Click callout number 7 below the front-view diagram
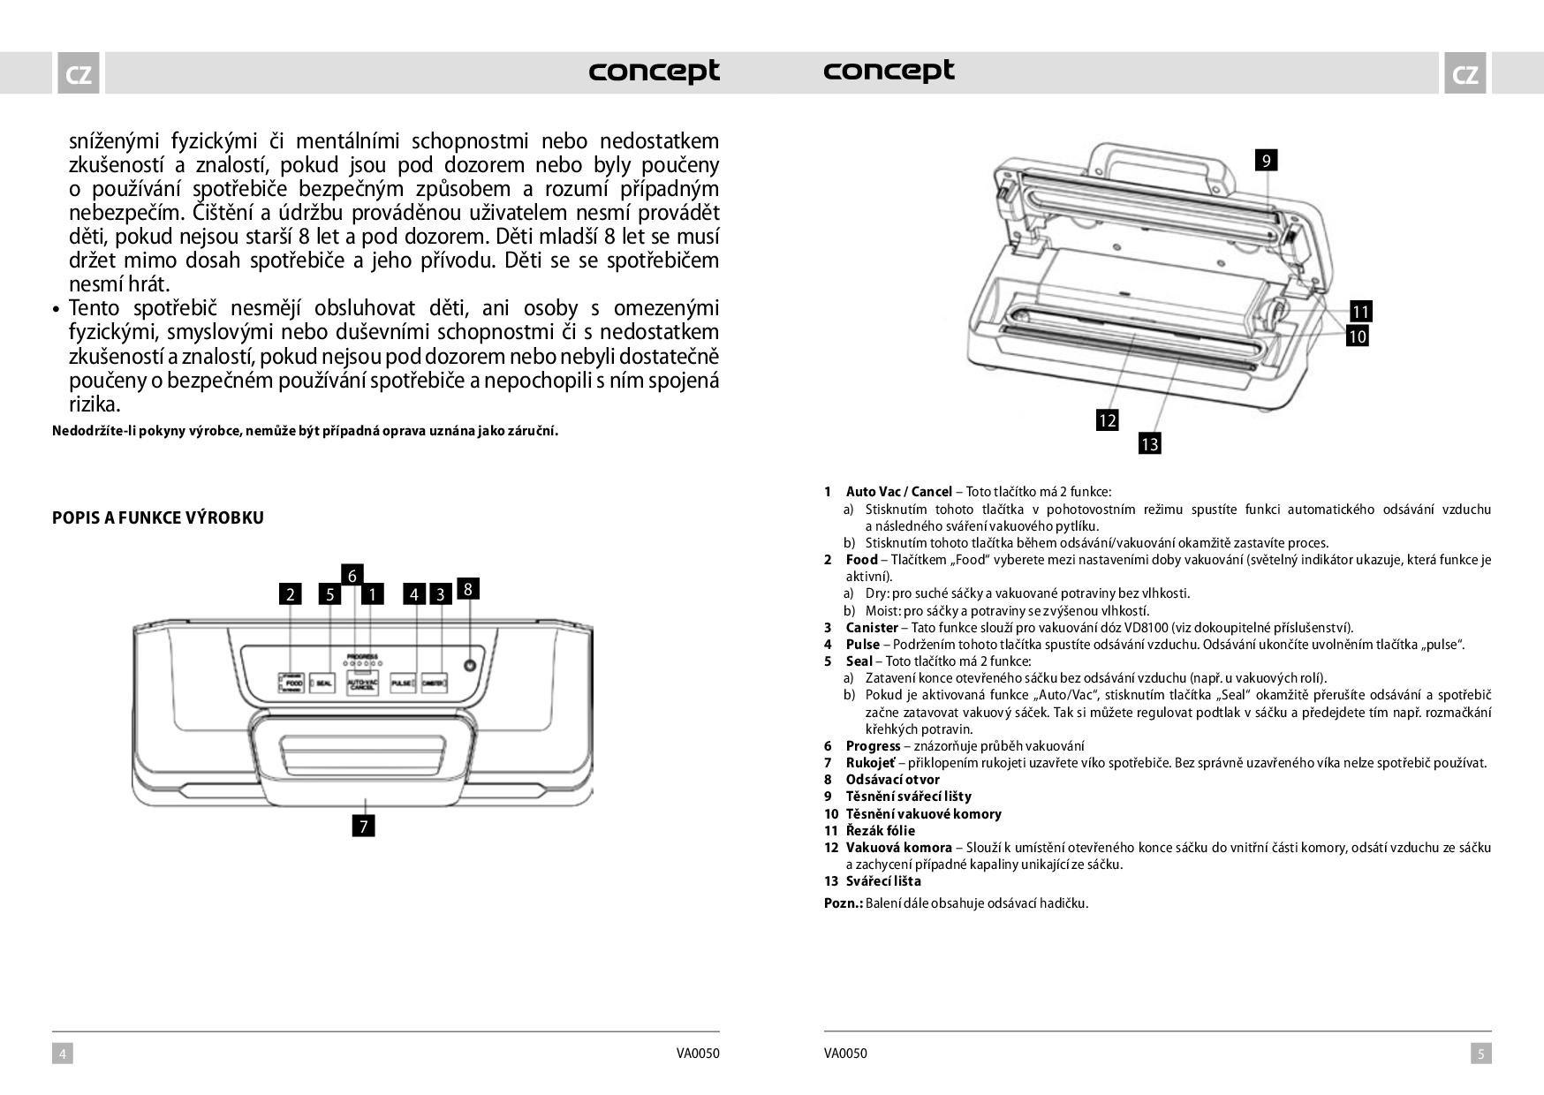363,826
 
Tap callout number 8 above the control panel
467,589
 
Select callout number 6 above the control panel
352,576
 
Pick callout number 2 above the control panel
290,594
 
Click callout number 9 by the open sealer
1266,160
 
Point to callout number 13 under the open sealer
1149,444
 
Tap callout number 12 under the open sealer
1107,420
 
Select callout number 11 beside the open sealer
1360,312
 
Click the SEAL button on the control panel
322,683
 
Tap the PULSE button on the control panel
404,683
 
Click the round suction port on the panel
469,665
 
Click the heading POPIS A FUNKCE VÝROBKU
158,518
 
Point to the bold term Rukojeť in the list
870,763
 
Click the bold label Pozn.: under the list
843,903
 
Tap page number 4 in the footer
62,1053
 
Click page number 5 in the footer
1481,1053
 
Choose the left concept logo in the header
654,71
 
